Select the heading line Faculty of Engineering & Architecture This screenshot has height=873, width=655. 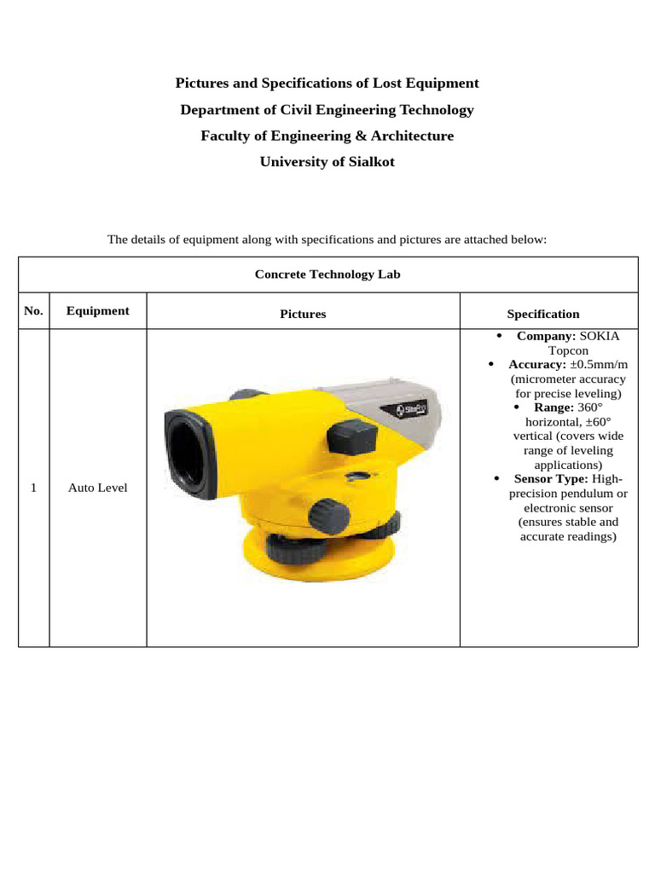pyautogui.click(x=327, y=136)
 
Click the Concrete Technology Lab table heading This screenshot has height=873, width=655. pyautogui.click(x=327, y=274)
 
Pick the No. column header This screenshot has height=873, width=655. pyautogui.click(x=33, y=311)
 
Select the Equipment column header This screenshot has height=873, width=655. pyautogui.click(x=98, y=311)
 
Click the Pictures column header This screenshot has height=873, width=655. pyautogui.click(x=303, y=314)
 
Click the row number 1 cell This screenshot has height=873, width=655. pyautogui.click(x=33, y=488)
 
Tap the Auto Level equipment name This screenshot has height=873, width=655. pyautogui.click(x=98, y=488)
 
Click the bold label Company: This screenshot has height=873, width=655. pyautogui.click(x=546, y=336)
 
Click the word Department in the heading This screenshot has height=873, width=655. pyautogui.click(x=224, y=109)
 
